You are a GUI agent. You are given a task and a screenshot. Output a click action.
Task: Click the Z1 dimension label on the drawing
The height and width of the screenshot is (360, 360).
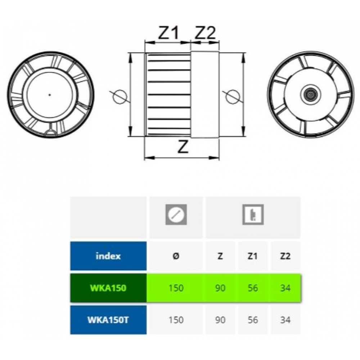[168, 33]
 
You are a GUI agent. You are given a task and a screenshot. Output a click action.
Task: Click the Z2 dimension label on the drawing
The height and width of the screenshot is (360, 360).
[205, 33]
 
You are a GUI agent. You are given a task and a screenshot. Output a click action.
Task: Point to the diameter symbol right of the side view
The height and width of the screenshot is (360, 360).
[231, 95]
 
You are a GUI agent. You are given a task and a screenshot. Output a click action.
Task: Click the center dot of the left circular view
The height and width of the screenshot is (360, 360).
[50, 95]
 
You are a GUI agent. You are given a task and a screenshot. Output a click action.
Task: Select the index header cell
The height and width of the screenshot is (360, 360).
[108, 256]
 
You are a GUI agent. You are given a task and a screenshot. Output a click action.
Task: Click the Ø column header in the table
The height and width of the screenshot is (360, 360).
[176, 256]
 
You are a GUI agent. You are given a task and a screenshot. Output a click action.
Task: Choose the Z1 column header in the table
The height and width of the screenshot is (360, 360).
[253, 256]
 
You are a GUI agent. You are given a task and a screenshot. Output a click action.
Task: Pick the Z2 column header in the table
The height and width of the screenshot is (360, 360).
[285, 256]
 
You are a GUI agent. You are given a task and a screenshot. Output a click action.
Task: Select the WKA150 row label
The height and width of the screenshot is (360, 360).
[108, 288]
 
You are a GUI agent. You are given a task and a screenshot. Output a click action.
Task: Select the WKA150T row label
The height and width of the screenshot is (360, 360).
[108, 320]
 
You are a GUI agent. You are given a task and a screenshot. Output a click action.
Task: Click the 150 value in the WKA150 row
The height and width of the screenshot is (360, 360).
[176, 288]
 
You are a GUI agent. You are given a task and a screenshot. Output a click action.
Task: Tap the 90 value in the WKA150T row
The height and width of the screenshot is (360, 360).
[220, 320]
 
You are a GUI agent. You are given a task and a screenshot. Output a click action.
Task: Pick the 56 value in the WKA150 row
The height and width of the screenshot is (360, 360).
[253, 288]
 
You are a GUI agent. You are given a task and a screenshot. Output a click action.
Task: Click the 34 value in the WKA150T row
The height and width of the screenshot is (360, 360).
[285, 320]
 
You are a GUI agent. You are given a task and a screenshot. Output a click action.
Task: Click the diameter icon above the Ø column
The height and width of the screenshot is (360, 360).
[176, 215]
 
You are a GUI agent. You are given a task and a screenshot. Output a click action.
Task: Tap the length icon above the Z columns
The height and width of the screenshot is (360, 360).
[253, 215]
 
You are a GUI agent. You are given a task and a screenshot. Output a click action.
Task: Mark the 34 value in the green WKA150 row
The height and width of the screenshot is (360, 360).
[285, 288]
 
